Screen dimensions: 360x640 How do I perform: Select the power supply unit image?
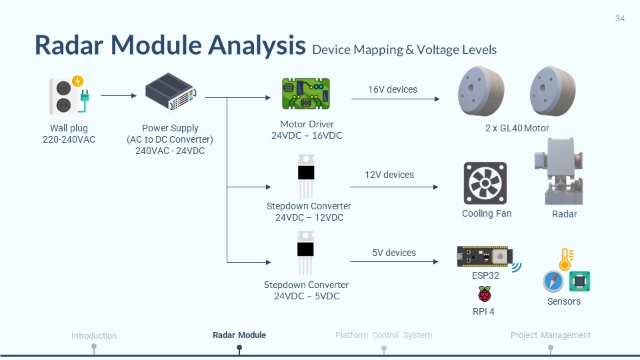click(171, 93)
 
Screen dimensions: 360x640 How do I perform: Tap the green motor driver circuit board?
click(305, 93)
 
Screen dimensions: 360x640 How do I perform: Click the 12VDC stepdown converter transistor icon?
click(306, 175)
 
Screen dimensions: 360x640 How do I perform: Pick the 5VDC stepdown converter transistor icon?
click(306, 253)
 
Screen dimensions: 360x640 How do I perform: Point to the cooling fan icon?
click(485, 183)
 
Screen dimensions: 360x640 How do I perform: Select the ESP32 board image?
click(485, 256)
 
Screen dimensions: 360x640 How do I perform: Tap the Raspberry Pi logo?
click(485, 294)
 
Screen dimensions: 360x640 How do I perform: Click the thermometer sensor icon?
click(566, 259)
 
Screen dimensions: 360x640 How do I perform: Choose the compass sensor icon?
click(553, 281)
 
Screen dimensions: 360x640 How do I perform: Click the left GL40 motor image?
click(481, 91)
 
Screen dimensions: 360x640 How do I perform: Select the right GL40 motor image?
click(552, 91)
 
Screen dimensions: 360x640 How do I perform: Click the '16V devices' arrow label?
click(393, 89)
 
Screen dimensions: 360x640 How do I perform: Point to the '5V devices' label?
click(393, 253)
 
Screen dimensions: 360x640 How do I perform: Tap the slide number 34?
click(619, 19)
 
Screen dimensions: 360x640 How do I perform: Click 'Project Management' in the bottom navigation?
click(551, 335)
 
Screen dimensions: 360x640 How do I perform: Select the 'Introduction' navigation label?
click(94, 336)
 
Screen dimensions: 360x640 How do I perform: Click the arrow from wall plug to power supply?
click(118, 96)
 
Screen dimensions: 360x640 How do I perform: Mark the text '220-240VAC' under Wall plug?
click(69, 139)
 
